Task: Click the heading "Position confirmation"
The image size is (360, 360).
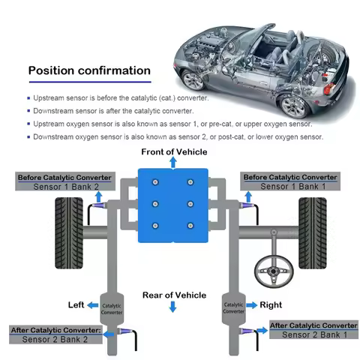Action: tap(89, 71)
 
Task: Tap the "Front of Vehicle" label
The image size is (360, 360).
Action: tap(173, 152)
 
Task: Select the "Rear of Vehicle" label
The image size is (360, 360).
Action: tap(174, 295)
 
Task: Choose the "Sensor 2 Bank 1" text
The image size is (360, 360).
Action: tap(313, 334)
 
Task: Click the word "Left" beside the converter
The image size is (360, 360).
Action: tap(76, 304)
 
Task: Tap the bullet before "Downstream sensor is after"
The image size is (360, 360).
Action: tap(29, 111)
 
